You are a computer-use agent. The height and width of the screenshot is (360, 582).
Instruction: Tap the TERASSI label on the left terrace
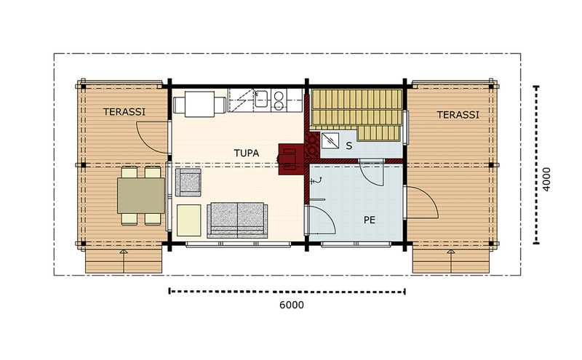(123, 112)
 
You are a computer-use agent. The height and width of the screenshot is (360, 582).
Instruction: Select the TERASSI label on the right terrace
(458, 115)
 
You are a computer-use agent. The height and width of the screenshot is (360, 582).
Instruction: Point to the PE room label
(369, 219)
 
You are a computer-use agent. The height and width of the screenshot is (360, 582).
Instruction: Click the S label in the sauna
(349, 145)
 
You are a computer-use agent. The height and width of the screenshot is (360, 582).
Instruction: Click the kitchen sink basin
(262, 97)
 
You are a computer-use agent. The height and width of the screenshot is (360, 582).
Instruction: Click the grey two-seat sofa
(237, 220)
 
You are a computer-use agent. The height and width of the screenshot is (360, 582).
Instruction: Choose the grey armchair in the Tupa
(188, 181)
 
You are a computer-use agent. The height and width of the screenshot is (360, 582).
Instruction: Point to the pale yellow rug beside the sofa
(189, 219)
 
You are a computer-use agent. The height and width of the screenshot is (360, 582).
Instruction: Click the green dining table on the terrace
(140, 196)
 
